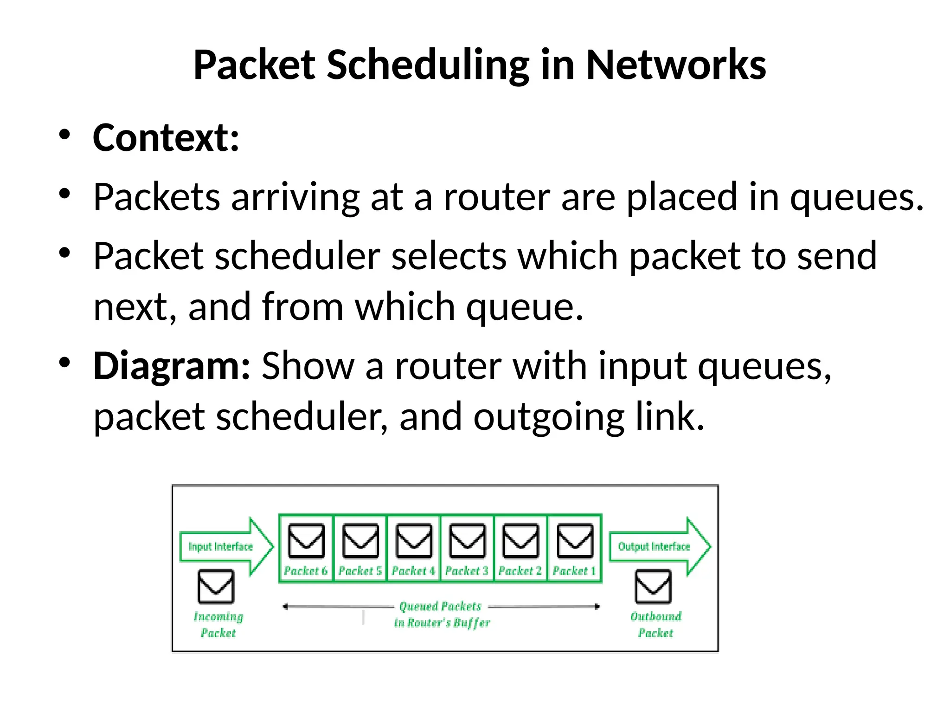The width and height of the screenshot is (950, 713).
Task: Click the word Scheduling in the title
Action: click(428, 65)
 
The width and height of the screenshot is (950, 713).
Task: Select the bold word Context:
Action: click(166, 138)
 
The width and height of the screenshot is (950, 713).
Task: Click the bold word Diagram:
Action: click(172, 366)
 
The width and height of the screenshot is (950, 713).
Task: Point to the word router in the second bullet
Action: click(496, 197)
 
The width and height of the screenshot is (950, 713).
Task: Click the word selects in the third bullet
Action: click(449, 256)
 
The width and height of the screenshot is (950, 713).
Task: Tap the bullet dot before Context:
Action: click(64, 135)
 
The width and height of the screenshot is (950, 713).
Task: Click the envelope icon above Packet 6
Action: click(306, 541)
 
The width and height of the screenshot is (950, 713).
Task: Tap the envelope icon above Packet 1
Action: click(575, 541)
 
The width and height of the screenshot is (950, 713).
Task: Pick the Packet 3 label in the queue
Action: click(467, 570)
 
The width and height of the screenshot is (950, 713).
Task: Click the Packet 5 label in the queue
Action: click(360, 570)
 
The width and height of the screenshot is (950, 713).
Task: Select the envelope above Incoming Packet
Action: click(216, 586)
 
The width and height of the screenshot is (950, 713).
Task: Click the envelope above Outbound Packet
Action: click(653, 586)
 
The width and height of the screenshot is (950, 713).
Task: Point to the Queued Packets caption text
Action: click(441, 606)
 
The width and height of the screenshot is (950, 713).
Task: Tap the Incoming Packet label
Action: click(218, 624)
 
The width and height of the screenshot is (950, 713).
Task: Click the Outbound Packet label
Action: click(655, 624)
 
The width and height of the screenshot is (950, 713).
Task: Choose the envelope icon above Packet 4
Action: click(414, 541)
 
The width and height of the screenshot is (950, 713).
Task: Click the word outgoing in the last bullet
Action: click(548, 417)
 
